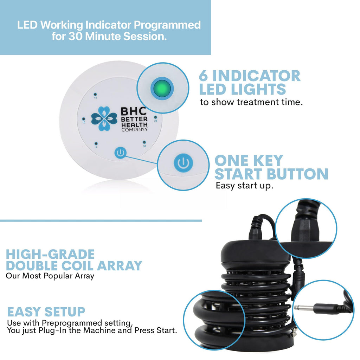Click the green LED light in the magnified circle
tap(162, 88)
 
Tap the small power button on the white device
tap(120, 153)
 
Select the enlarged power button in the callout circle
tap(183, 163)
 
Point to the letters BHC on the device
tap(134, 111)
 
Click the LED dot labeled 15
tap(95, 94)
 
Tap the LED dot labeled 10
tap(84, 119)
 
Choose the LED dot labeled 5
tap(96, 144)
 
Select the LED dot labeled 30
tap(144, 143)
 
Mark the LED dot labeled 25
tap(155, 117)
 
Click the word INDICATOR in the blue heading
tap(256, 76)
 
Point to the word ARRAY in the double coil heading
tap(120, 266)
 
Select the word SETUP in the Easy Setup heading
tap(65, 312)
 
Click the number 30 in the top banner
tap(76, 36)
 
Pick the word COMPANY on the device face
tap(135, 129)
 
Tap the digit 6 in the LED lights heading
tap(203, 76)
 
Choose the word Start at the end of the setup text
tap(167, 330)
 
